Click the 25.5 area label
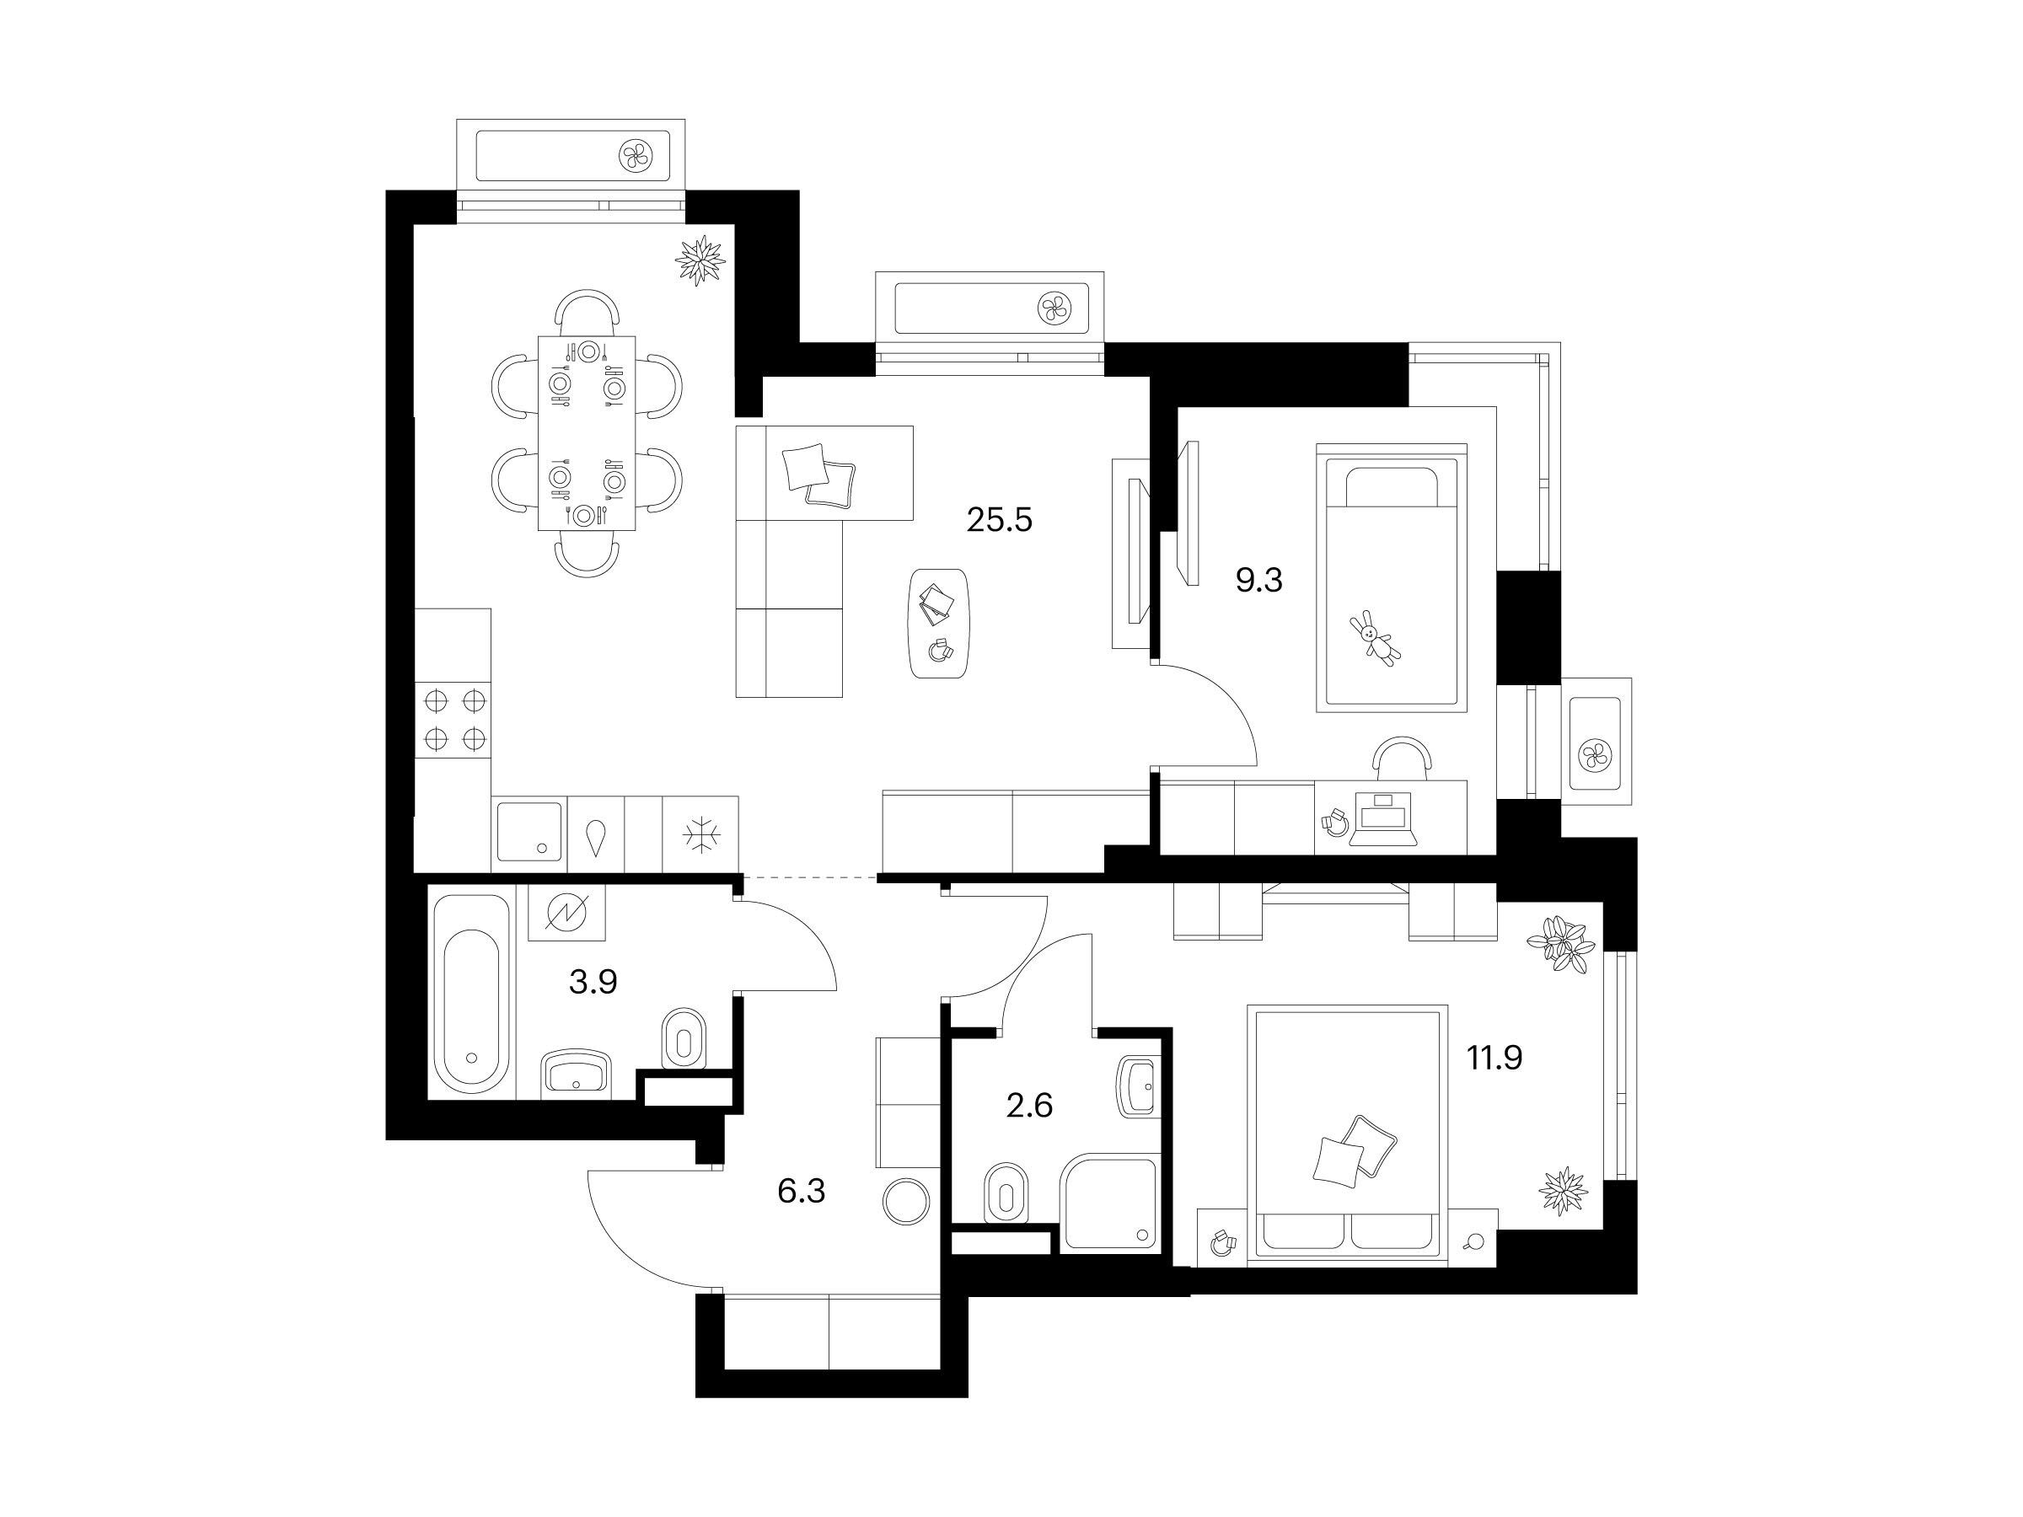point(999,520)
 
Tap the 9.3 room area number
point(1259,580)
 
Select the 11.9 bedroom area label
point(1494,1058)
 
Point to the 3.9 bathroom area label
point(593,982)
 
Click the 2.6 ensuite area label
point(1029,1107)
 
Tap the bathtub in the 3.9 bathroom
point(470,994)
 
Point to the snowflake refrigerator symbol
point(700,834)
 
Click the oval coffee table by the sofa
point(939,623)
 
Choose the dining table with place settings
point(586,432)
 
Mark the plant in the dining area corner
point(700,260)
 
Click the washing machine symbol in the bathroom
point(567,913)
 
